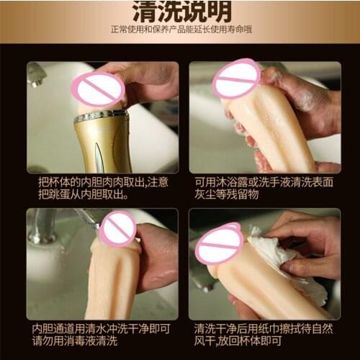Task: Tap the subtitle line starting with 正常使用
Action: (181, 30)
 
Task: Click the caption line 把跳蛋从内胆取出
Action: (83, 194)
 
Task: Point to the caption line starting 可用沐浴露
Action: (264, 182)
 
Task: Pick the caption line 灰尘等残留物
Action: (226, 194)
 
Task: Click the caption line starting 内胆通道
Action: (101, 329)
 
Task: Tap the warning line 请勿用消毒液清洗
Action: (75, 341)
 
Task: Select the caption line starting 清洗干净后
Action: (264, 329)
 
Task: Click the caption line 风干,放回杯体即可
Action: (238, 341)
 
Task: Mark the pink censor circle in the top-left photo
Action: (98, 89)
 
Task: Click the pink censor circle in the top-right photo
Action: (237, 78)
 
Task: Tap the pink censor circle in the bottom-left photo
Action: (118, 229)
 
